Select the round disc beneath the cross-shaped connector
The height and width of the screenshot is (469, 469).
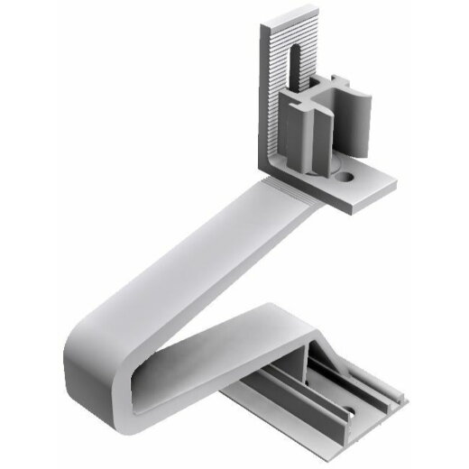[326, 169]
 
